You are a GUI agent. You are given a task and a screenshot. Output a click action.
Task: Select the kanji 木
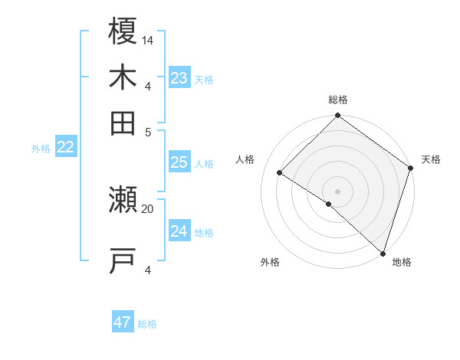pyautogui.click(x=123, y=78)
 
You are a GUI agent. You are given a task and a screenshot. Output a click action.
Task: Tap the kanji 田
pyautogui.click(x=123, y=123)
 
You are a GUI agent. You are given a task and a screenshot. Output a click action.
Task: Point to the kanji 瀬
pyautogui.click(x=123, y=201)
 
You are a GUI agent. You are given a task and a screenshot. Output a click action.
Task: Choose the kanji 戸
pyautogui.click(x=123, y=260)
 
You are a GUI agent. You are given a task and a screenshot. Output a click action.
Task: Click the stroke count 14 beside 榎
pyautogui.click(x=148, y=40)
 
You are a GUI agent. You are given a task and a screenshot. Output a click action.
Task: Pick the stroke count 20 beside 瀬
pyautogui.click(x=148, y=208)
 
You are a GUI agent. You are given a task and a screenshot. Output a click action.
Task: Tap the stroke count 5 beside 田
pyautogui.click(x=148, y=131)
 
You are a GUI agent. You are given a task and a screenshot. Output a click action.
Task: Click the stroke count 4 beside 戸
pyautogui.click(x=148, y=270)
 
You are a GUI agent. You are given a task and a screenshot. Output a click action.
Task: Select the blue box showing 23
pyautogui.click(x=179, y=78)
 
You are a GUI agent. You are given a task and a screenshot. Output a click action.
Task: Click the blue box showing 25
pyautogui.click(x=179, y=162)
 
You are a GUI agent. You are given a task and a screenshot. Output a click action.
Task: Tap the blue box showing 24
pyautogui.click(x=179, y=231)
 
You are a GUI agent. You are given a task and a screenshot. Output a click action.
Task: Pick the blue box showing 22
pyautogui.click(x=65, y=148)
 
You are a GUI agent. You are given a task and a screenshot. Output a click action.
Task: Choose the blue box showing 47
pyautogui.click(x=123, y=322)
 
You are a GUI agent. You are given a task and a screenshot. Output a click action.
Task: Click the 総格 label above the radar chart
pyautogui.click(x=337, y=100)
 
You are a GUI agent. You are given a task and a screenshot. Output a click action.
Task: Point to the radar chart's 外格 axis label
pyautogui.click(x=270, y=263)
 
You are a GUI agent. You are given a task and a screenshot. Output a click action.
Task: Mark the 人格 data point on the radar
pyautogui.click(x=280, y=173)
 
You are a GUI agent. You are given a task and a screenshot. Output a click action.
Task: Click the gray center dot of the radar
pyautogui.click(x=337, y=191)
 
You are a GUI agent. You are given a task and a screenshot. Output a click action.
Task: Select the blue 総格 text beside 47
pyautogui.click(x=147, y=324)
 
